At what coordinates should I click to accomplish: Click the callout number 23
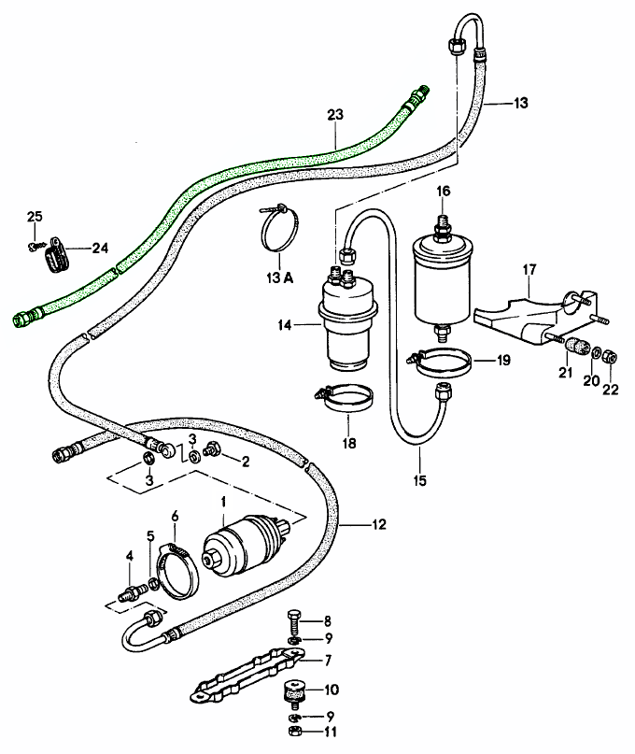[335, 114]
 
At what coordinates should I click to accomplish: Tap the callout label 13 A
[277, 277]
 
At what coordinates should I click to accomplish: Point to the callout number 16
[444, 191]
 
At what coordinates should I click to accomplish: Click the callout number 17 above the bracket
[529, 270]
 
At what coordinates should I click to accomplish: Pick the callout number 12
[378, 524]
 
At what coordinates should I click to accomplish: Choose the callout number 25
[35, 217]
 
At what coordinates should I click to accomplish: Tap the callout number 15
[420, 480]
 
